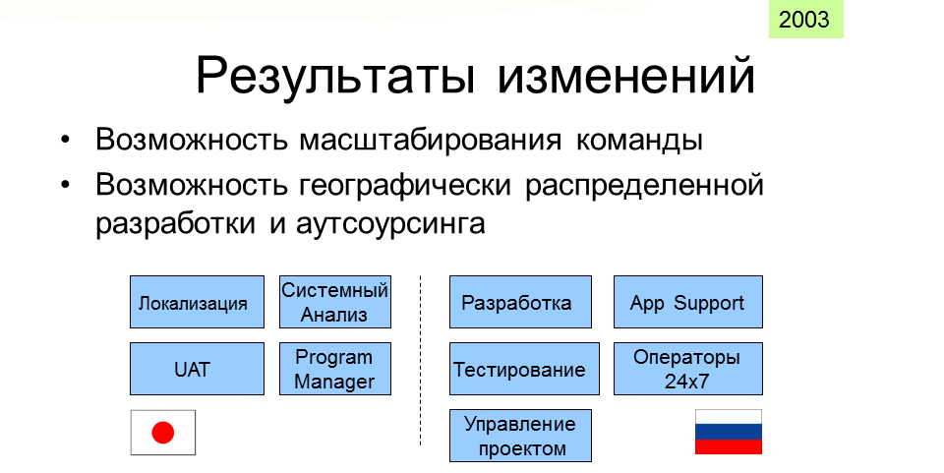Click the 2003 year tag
pos(805,20)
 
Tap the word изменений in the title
pos(626,75)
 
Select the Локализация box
pos(197,302)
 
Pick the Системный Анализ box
pos(335,302)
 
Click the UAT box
pos(197,369)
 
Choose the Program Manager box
pos(335,369)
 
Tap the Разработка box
pos(521,302)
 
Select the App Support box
pos(688,302)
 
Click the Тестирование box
pos(524,369)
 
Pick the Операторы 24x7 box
pos(688,369)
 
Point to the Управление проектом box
pos(521,436)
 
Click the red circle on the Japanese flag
pos(163,433)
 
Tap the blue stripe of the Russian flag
pos(729,432)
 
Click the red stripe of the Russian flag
pos(729,447)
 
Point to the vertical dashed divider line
pos(420,361)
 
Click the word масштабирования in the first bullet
pos(431,141)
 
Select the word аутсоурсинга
pos(390,225)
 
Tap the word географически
pos(405,186)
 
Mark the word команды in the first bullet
pos(639,141)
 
